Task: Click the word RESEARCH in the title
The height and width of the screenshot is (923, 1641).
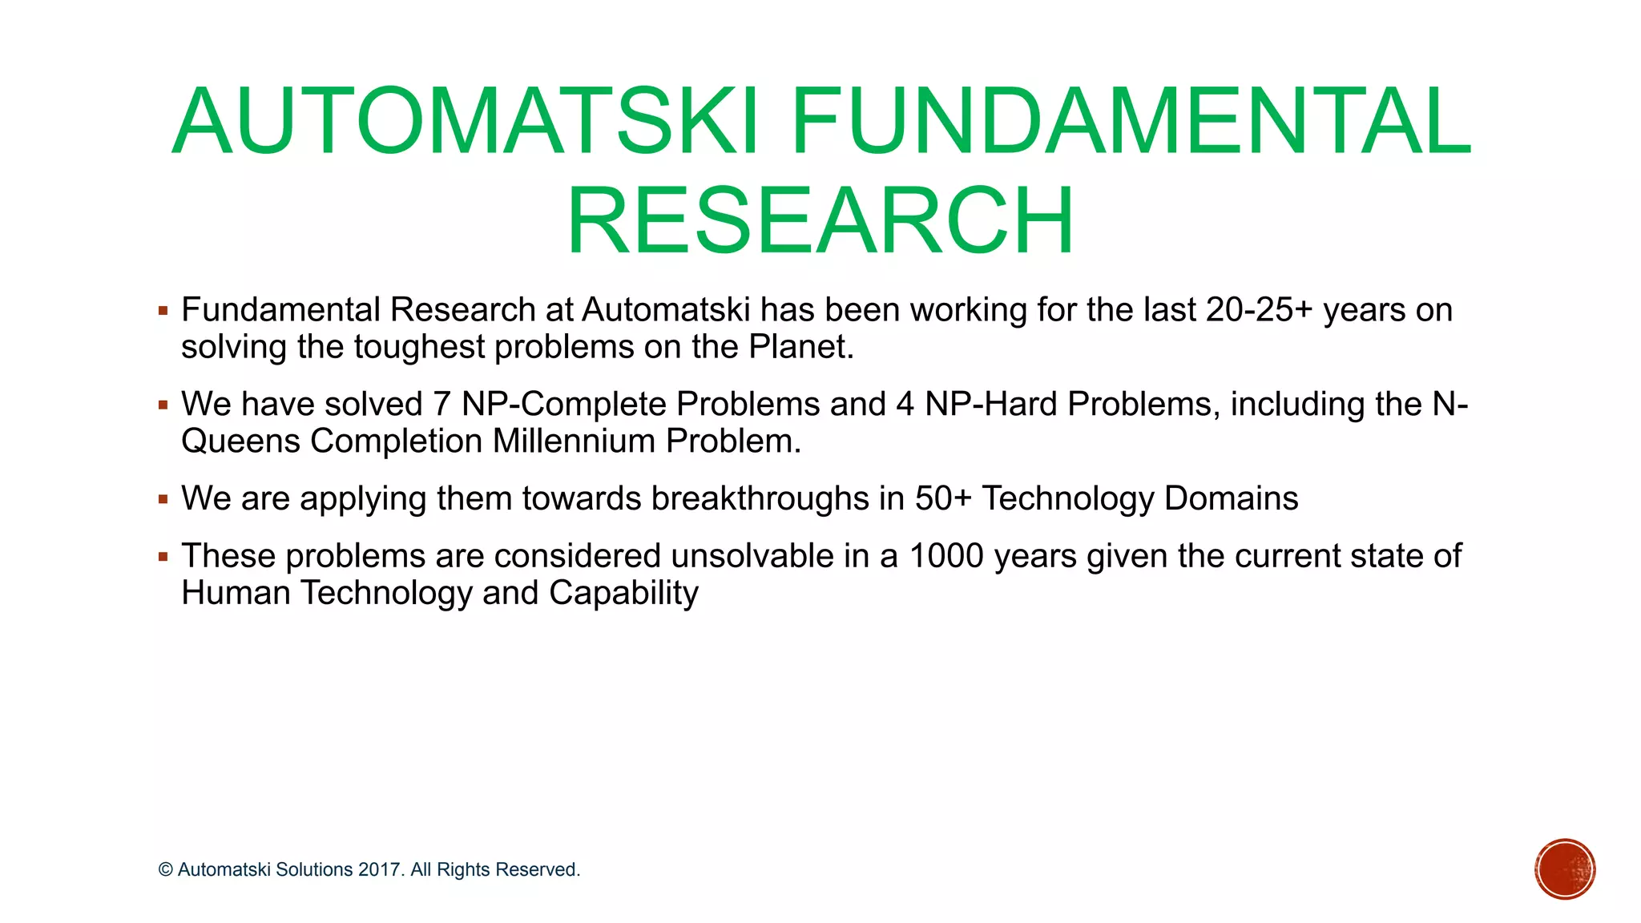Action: click(820, 220)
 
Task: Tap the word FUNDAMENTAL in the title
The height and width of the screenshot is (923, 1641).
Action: click(1131, 122)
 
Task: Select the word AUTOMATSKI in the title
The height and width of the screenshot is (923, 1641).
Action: click(465, 122)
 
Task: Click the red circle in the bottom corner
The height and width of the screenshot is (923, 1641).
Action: click(1565, 869)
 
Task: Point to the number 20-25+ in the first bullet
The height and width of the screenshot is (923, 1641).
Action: click(1259, 310)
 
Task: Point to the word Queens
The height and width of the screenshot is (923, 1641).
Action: click(240, 441)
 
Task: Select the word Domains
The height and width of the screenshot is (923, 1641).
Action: click(1231, 498)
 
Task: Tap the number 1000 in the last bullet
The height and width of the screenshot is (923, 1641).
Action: click(946, 556)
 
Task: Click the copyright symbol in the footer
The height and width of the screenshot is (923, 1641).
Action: click(166, 870)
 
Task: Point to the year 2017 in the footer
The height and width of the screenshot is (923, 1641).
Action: click(380, 870)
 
